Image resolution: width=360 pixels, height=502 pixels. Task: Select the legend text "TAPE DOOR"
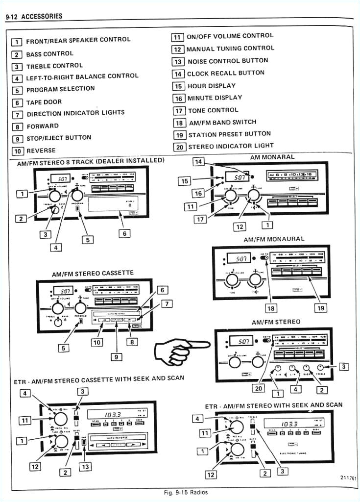coord(44,102)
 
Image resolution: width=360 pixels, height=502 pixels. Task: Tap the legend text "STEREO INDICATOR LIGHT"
coord(231,146)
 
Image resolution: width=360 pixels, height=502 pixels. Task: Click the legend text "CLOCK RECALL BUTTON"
coord(225,73)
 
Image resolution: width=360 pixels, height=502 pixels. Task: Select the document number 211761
coord(347,477)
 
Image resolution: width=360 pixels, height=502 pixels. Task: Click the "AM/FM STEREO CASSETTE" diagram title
coord(93,273)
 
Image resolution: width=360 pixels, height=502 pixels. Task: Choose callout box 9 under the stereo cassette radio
coord(116,357)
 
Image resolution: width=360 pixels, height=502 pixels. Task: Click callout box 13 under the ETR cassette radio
coord(85,466)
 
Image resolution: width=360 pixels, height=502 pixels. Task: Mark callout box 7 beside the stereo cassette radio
coord(167,304)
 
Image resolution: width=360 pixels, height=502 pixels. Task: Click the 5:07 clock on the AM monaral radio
coord(240,177)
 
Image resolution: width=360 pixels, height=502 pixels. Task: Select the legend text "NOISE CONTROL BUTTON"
coord(228,61)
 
